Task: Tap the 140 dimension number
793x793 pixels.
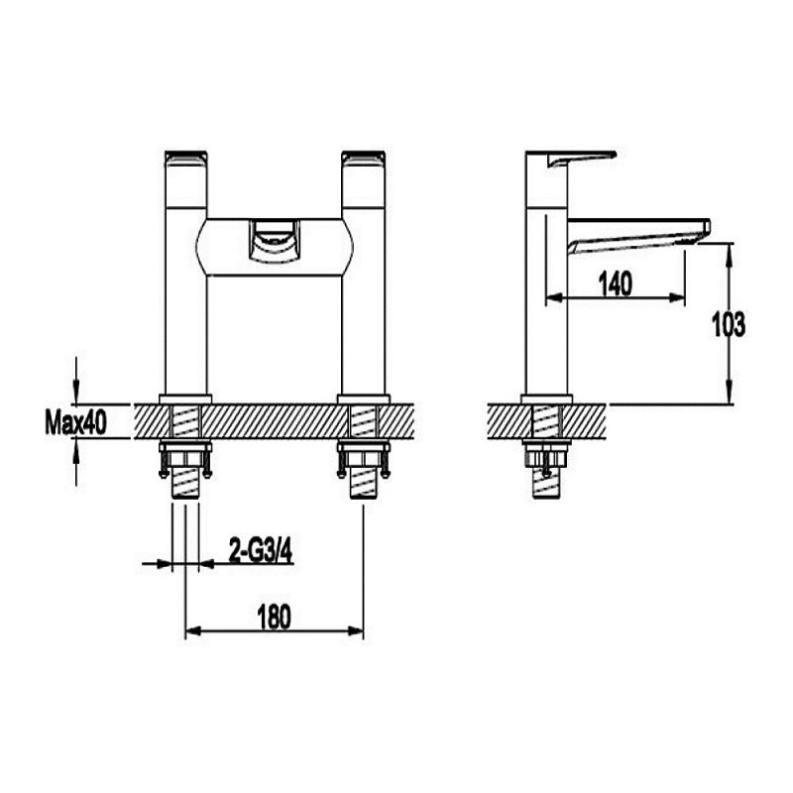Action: tap(615, 283)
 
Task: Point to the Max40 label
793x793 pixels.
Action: tap(75, 423)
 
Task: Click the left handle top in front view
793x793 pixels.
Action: tap(185, 158)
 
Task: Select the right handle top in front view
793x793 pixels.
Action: tap(363, 158)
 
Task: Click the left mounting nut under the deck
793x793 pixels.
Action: tap(186, 458)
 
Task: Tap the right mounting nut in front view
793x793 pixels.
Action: tap(363, 458)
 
